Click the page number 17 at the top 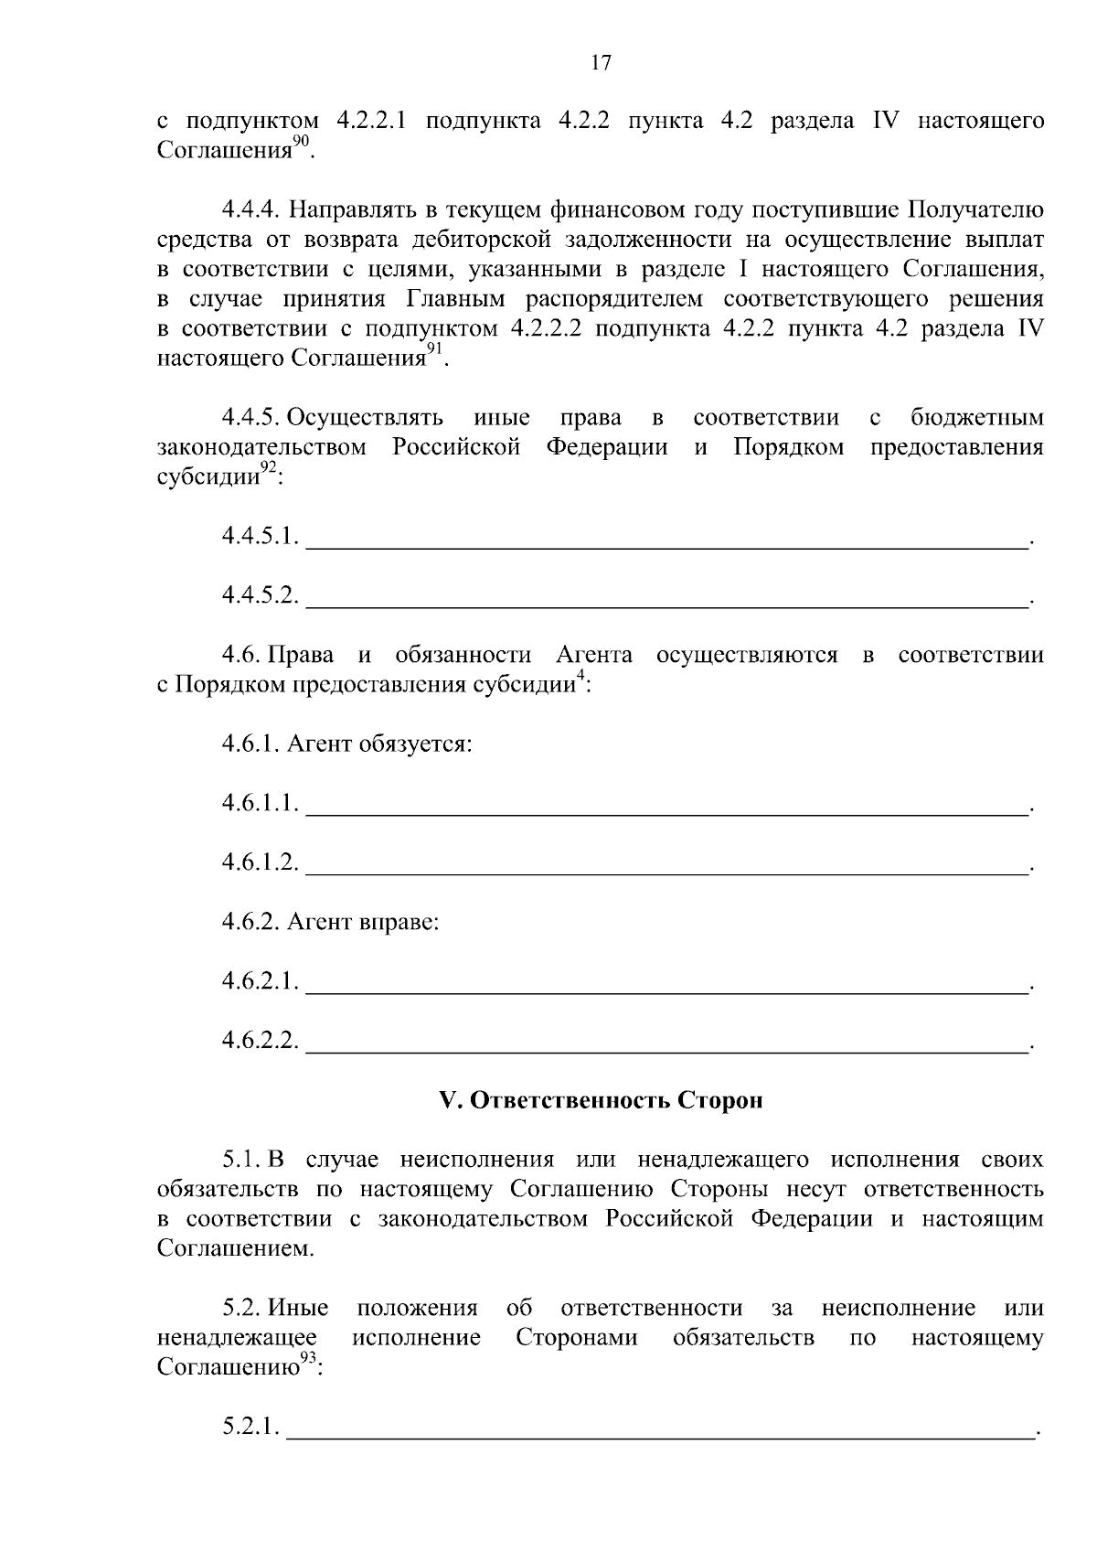[601, 62]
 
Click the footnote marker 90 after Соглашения [302, 140]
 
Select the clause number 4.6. [240, 655]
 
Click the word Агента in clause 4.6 [594, 655]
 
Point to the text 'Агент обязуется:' [379, 744]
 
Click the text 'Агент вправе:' [363, 922]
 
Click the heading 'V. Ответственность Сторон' [601, 1100]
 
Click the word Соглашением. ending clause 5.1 [236, 1248]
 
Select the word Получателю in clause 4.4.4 [975, 210]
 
